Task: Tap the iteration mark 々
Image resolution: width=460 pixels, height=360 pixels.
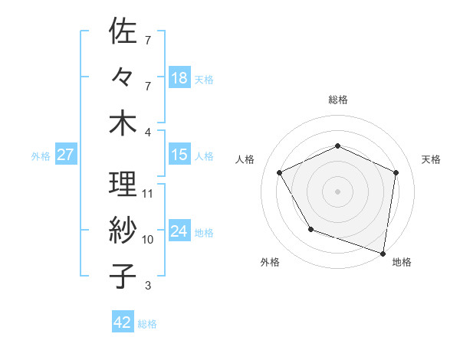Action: coord(123,77)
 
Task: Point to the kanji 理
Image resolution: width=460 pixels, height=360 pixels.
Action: coord(123,185)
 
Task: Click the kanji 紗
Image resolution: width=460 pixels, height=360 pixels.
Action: coord(123,231)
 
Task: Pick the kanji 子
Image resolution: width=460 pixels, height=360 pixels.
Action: coord(123,277)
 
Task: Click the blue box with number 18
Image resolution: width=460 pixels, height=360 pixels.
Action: coord(179,78)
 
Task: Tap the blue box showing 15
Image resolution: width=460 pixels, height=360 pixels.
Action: coord(179,155)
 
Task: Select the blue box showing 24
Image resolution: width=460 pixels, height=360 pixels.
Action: coord(179,231)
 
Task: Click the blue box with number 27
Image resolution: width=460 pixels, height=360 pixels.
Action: coord(65,155)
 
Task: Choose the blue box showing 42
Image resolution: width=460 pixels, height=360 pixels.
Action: coord(123,322)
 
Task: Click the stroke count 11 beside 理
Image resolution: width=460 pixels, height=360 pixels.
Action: coord(148,193)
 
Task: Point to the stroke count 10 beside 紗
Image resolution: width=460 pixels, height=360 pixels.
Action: coord(148,239)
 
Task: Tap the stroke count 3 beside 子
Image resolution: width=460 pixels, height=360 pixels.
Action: coord(148,286)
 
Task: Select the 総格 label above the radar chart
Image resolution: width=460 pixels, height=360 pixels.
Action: coord(338,100)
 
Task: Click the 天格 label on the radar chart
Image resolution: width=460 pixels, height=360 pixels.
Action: coord(431,159)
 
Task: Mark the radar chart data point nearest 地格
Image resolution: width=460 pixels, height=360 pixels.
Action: coord(383,253)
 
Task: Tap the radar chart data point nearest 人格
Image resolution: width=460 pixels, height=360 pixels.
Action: coord(280,172)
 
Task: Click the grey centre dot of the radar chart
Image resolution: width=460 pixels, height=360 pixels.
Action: coord(338,191)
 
